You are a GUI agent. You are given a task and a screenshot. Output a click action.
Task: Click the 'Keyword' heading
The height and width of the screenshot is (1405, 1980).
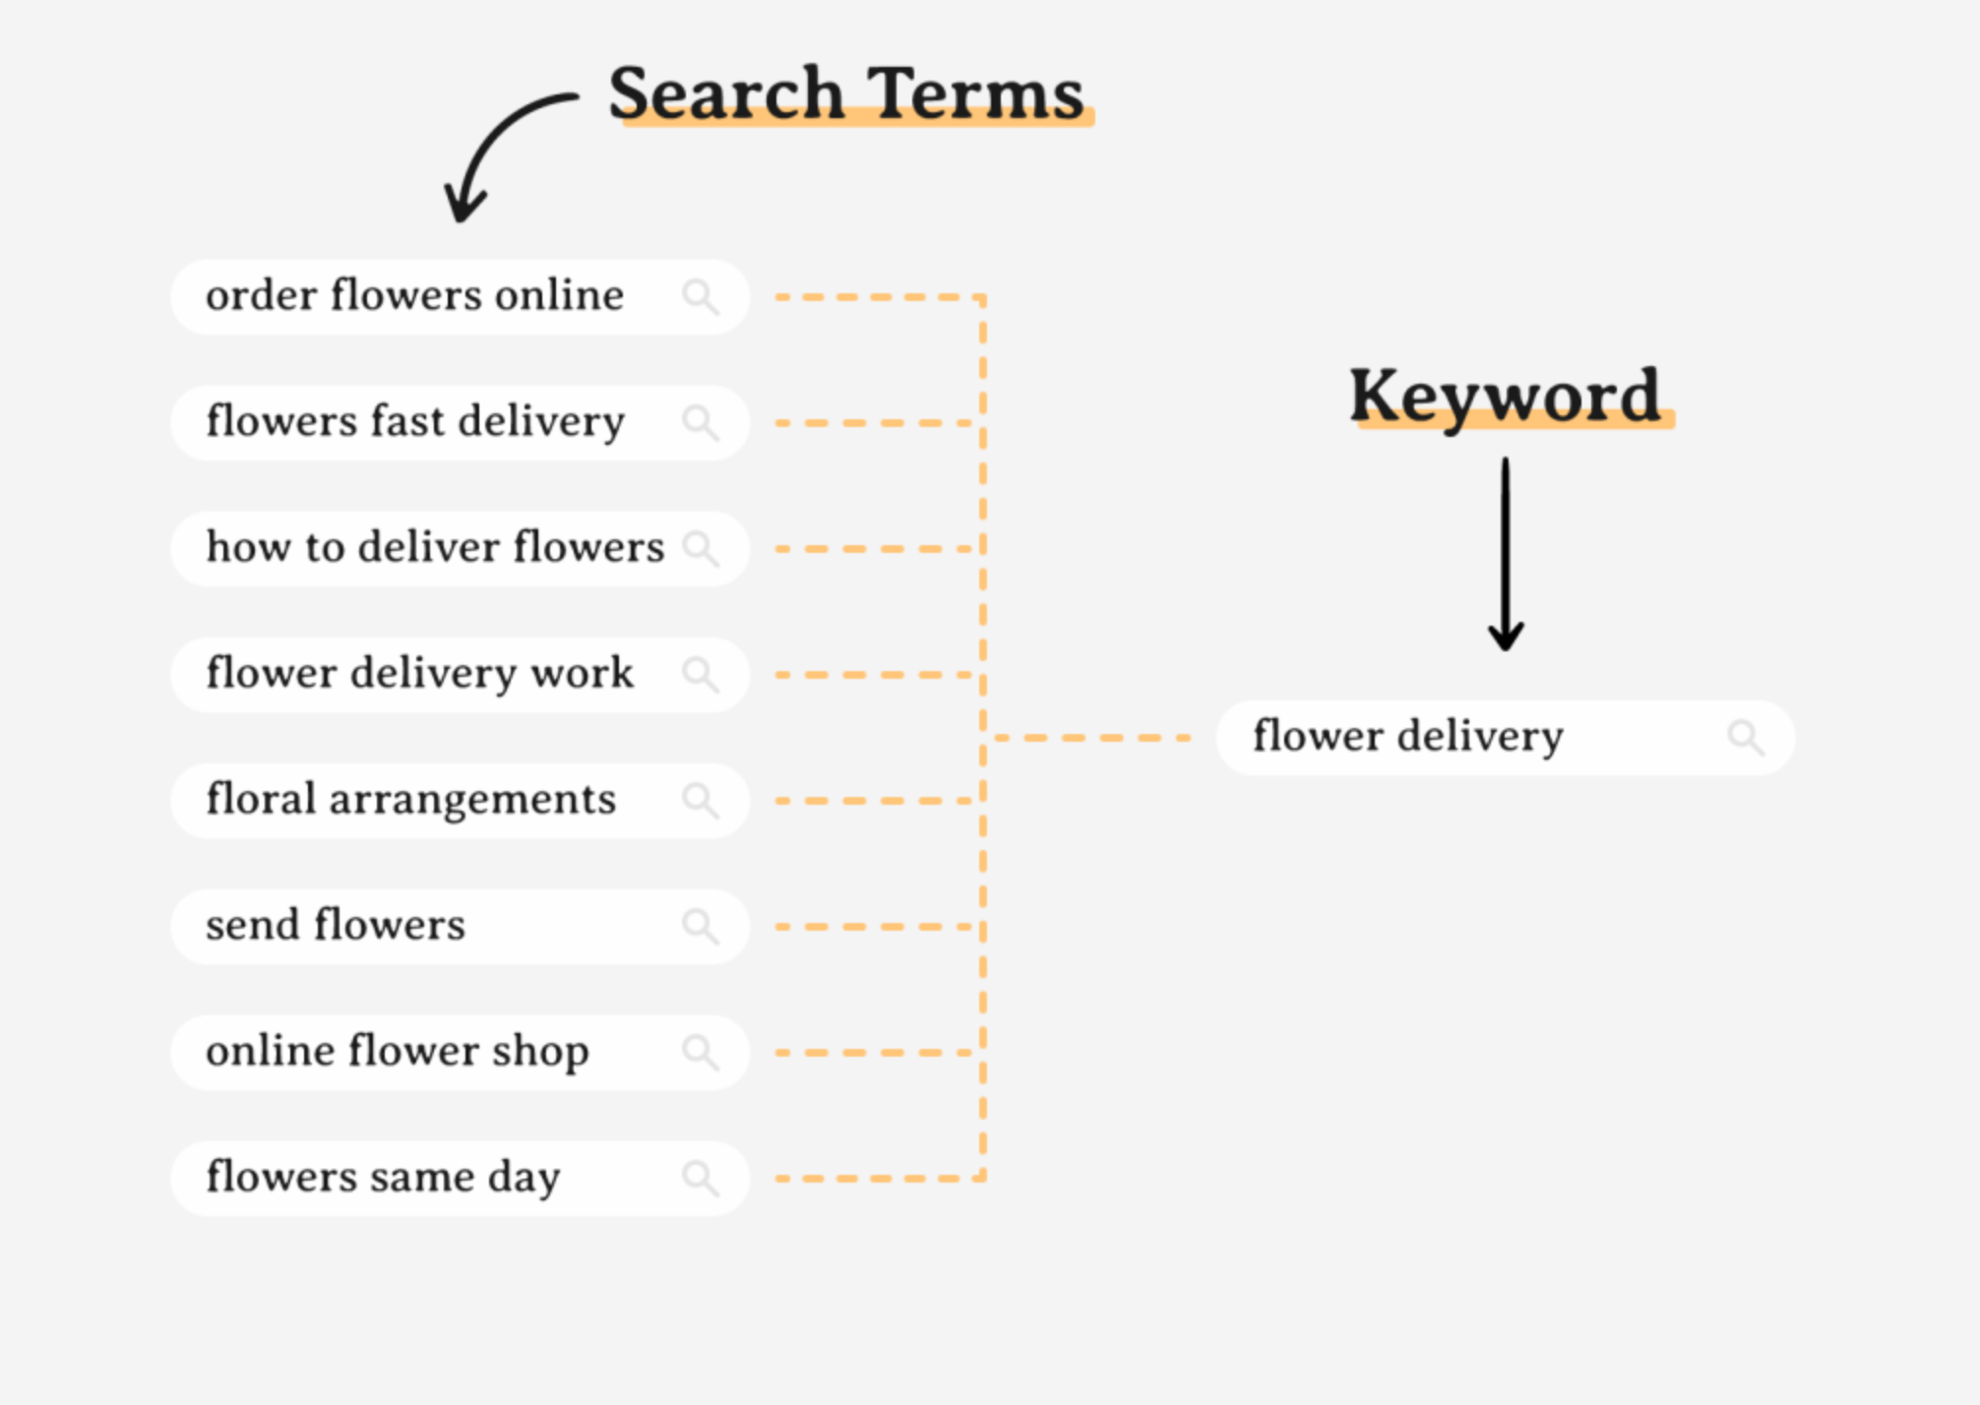pyautogui.click(x=1504, y=396)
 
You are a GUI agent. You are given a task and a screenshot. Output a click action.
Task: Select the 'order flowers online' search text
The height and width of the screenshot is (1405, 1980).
pyautogui.click(x=414, y=296)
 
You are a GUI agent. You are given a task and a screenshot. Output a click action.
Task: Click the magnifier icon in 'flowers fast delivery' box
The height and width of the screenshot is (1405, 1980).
pyautogui.click(x=701, y=423)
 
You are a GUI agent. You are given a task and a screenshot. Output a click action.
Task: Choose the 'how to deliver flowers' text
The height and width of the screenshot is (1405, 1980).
pyautogui.click(x=435, y=548)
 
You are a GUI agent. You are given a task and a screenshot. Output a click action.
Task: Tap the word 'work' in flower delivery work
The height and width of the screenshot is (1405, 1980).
pyautogui.click(x=583, y=674)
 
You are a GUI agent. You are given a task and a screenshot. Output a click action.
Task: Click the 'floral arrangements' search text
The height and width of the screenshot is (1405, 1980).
pyautogui.click(x=410, y=800)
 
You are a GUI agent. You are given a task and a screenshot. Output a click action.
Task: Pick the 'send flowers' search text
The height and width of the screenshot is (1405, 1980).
pyautogui.click(x=335, y=926)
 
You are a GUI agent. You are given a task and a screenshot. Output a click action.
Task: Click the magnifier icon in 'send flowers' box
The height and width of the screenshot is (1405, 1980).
pyautogui.click(x=701, y=927)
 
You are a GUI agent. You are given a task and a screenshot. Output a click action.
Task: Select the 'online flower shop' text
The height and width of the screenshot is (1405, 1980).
pyautogui.click(x=397, y=1052)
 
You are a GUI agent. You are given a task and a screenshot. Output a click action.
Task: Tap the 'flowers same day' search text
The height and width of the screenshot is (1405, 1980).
pyautogui.click(x=383, y=1178)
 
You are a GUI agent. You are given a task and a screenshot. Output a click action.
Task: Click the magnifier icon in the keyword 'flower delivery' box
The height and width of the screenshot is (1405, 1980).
pyautogui.click(x=1746, y=738)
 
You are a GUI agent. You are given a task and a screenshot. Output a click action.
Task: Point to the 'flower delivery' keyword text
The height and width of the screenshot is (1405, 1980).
pyautogui.click(x=1407, y=737)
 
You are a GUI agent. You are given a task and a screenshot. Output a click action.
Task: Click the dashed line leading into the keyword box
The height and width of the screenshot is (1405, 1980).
pyautogui.click(x=1092, y=737)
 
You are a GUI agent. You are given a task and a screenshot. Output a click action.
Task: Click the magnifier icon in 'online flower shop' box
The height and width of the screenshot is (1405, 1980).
pyautogui.click(x=701, y=1053)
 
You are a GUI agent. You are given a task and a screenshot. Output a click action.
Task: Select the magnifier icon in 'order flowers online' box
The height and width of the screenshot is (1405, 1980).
pyautogui.click(x=701, y=297)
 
